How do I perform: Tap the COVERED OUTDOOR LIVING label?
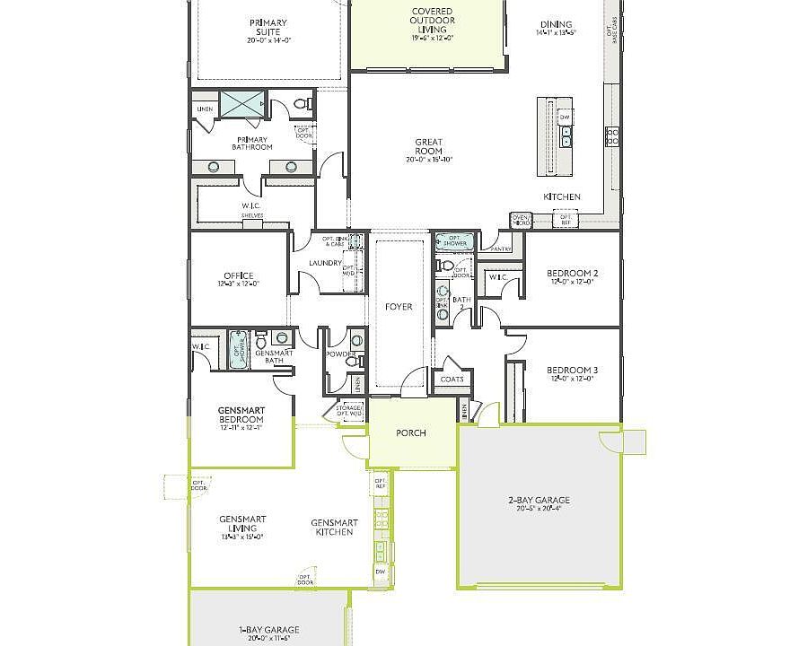432,25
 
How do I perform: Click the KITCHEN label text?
561,196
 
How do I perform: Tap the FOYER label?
399,307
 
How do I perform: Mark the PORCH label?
411,433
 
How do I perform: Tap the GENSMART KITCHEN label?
334,528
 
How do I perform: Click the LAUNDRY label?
325,263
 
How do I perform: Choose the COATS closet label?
452,379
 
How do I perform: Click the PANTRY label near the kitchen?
490,249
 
